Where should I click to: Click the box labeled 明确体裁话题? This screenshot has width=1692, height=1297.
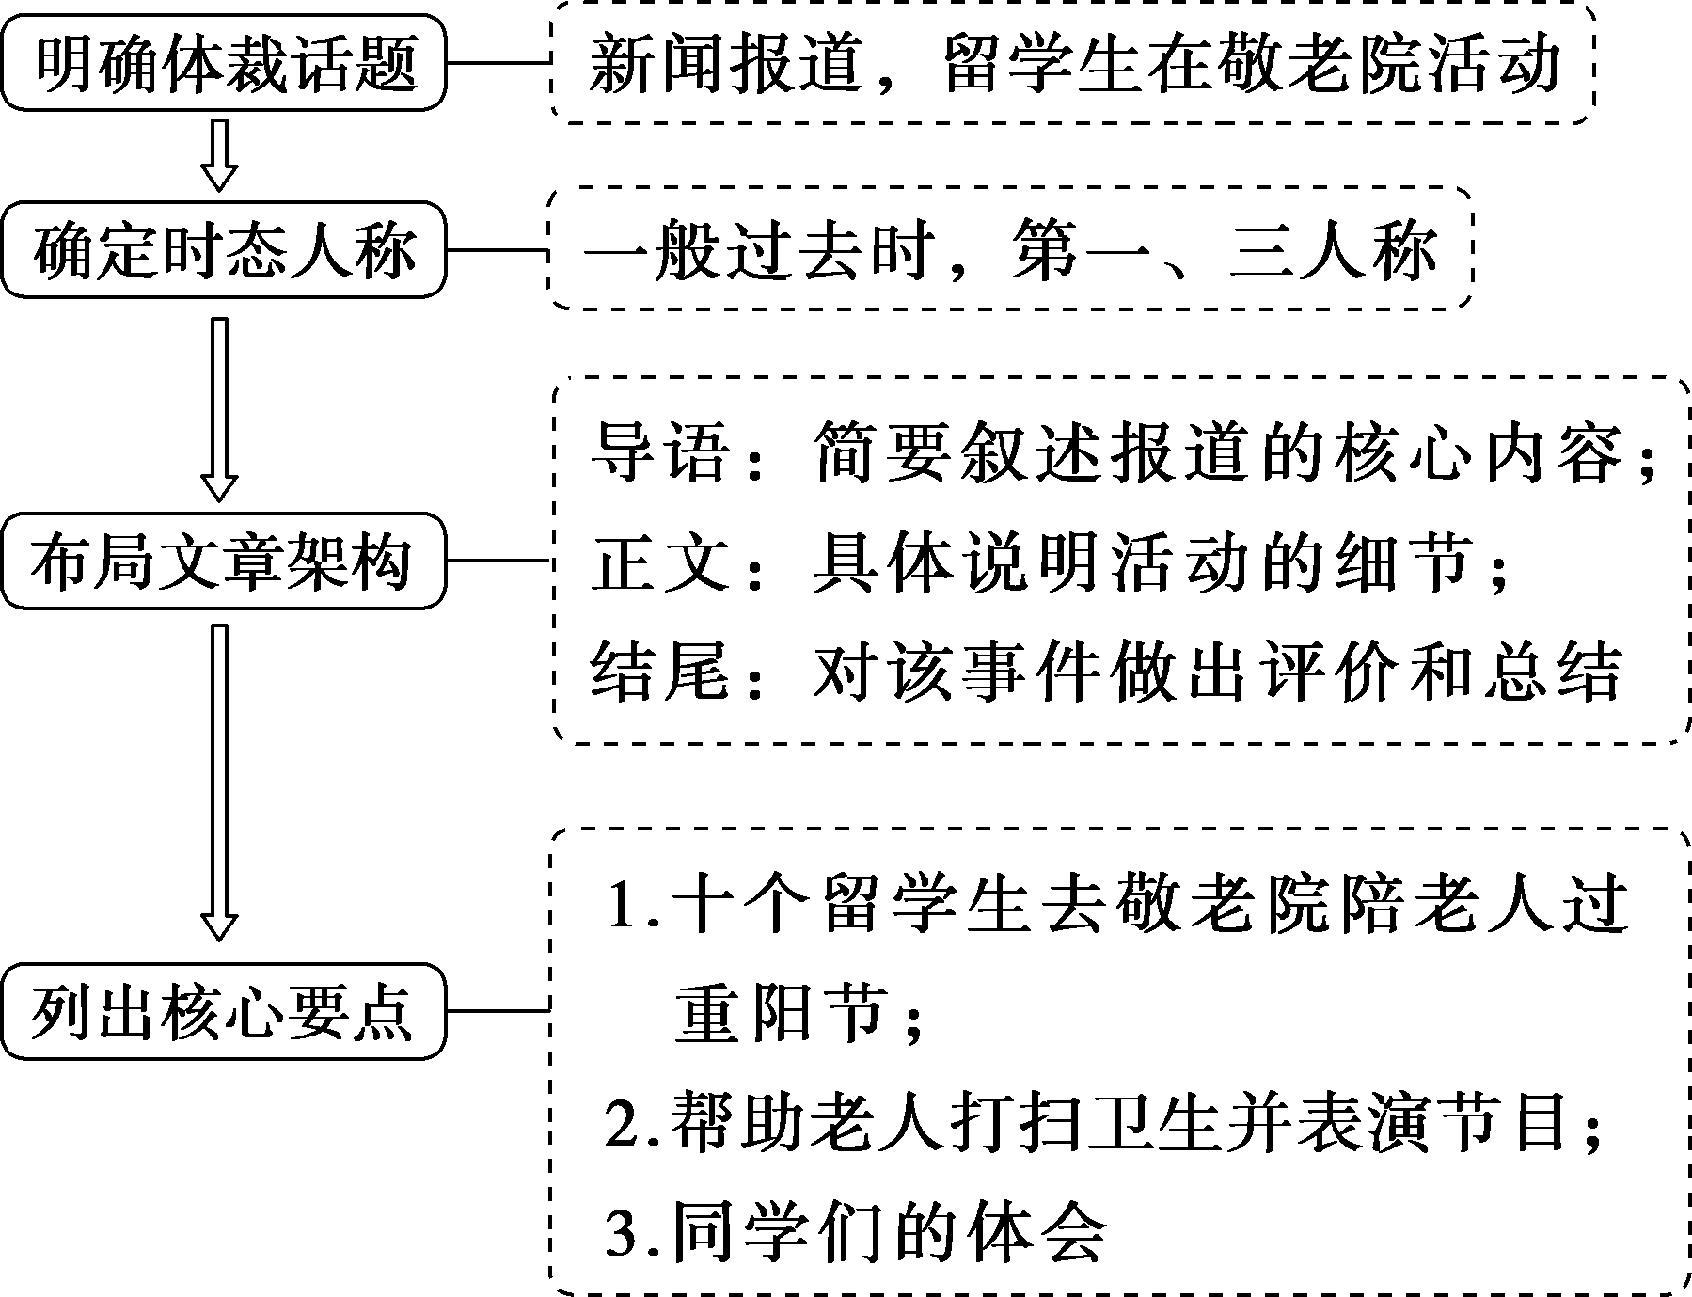point(223,63)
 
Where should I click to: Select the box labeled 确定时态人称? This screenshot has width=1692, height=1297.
point(223,250)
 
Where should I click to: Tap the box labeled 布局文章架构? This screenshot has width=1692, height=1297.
point(223,562)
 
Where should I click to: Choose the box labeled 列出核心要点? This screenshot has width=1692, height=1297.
point(223,1011)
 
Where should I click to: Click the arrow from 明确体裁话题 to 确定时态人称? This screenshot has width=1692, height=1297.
point(220,154)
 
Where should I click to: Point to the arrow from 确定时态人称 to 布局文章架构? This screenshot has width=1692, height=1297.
point(220,408)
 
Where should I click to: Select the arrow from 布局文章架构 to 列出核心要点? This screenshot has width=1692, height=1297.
point(220,781)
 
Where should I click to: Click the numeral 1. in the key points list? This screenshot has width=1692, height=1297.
point(633,905)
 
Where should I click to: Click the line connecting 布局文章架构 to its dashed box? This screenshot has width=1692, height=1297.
point(498,562)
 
